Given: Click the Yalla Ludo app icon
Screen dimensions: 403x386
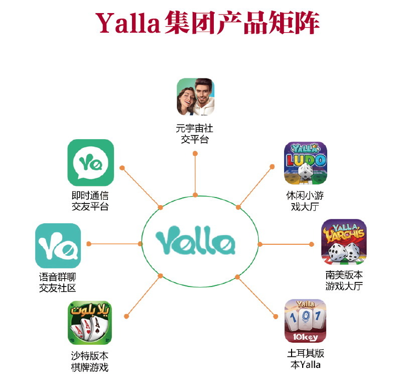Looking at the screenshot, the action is coord(305,163).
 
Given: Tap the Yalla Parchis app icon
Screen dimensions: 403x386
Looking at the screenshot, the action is coord(344,242).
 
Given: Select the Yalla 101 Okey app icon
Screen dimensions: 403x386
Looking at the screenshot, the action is coord(305,321).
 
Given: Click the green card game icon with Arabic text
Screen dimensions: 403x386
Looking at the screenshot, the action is coord(90,323).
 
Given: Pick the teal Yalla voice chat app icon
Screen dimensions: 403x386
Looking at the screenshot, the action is coord(58,245).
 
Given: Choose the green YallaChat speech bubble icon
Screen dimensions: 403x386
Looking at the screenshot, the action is coord(90,163).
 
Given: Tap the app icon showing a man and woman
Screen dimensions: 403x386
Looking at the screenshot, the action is coord(195,97).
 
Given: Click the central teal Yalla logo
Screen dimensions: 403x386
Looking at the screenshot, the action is coord(195,240).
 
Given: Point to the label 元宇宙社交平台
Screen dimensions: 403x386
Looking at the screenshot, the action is coord(195,134).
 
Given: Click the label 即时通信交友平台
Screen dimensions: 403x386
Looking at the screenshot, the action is coord(90,201).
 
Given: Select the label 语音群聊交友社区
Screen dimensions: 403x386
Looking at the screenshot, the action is coord(58,282).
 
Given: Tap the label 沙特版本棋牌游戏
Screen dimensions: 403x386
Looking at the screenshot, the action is coord(90,361).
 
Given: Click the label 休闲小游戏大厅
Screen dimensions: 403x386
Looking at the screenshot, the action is coord(305,201).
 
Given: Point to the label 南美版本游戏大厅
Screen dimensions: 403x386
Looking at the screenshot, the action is coord(344,280).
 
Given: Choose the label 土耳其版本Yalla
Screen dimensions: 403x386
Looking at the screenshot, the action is coord(306,359).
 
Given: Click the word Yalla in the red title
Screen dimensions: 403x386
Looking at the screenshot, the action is coord(128,23).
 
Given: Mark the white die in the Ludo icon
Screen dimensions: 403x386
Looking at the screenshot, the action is coord(305,172).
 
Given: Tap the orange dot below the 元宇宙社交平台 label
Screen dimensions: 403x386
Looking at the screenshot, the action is coord(195,154).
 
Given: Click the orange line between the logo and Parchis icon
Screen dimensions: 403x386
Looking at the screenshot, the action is coord(286,244).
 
